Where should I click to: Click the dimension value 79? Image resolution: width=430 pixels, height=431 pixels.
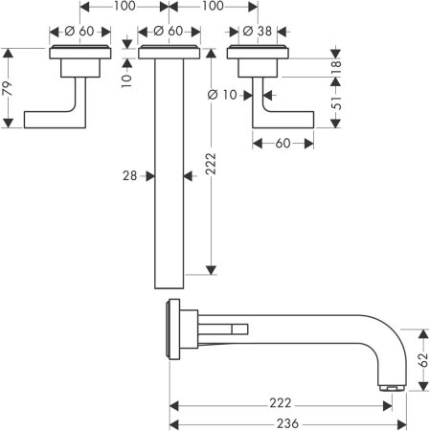tap(8, 88)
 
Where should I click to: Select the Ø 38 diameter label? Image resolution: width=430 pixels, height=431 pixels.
tap(257, 32)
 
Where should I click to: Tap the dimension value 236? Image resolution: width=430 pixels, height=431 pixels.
tap(287, 423)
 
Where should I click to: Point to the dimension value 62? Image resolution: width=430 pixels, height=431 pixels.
tap(423, 360)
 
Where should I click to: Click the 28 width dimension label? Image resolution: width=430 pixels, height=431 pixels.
tap(129, 175)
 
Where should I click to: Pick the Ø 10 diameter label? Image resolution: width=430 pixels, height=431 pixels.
tap(222, 95)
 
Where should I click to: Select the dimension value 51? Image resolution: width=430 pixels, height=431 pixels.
tap(336, 102)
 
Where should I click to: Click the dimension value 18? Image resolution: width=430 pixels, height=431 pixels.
tap(336, 68)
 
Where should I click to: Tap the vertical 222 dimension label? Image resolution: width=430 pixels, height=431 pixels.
tap(211, 164)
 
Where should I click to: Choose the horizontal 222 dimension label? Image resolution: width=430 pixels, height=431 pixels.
tap(281, 403)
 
